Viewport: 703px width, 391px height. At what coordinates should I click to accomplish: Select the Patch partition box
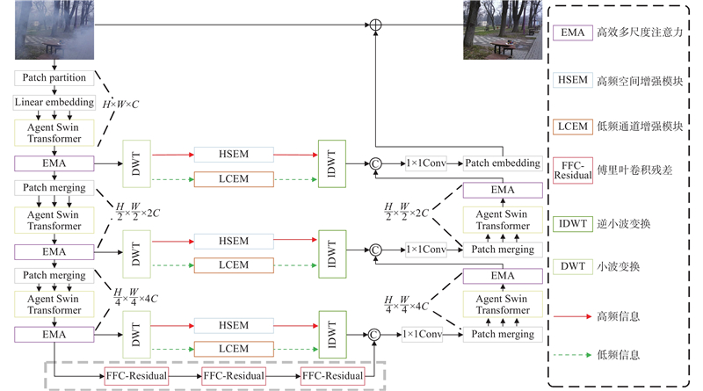tap(54, 78)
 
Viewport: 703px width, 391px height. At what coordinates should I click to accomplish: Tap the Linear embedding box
tap(54, 103)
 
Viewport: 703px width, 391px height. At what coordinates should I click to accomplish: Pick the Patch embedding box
tap(503, 163)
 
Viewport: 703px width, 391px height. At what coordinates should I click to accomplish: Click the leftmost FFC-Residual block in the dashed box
tap(135, 375)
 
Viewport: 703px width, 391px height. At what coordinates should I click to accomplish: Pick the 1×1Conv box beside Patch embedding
tap(426, 163)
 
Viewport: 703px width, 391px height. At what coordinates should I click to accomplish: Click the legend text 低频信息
tap(620, 355)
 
